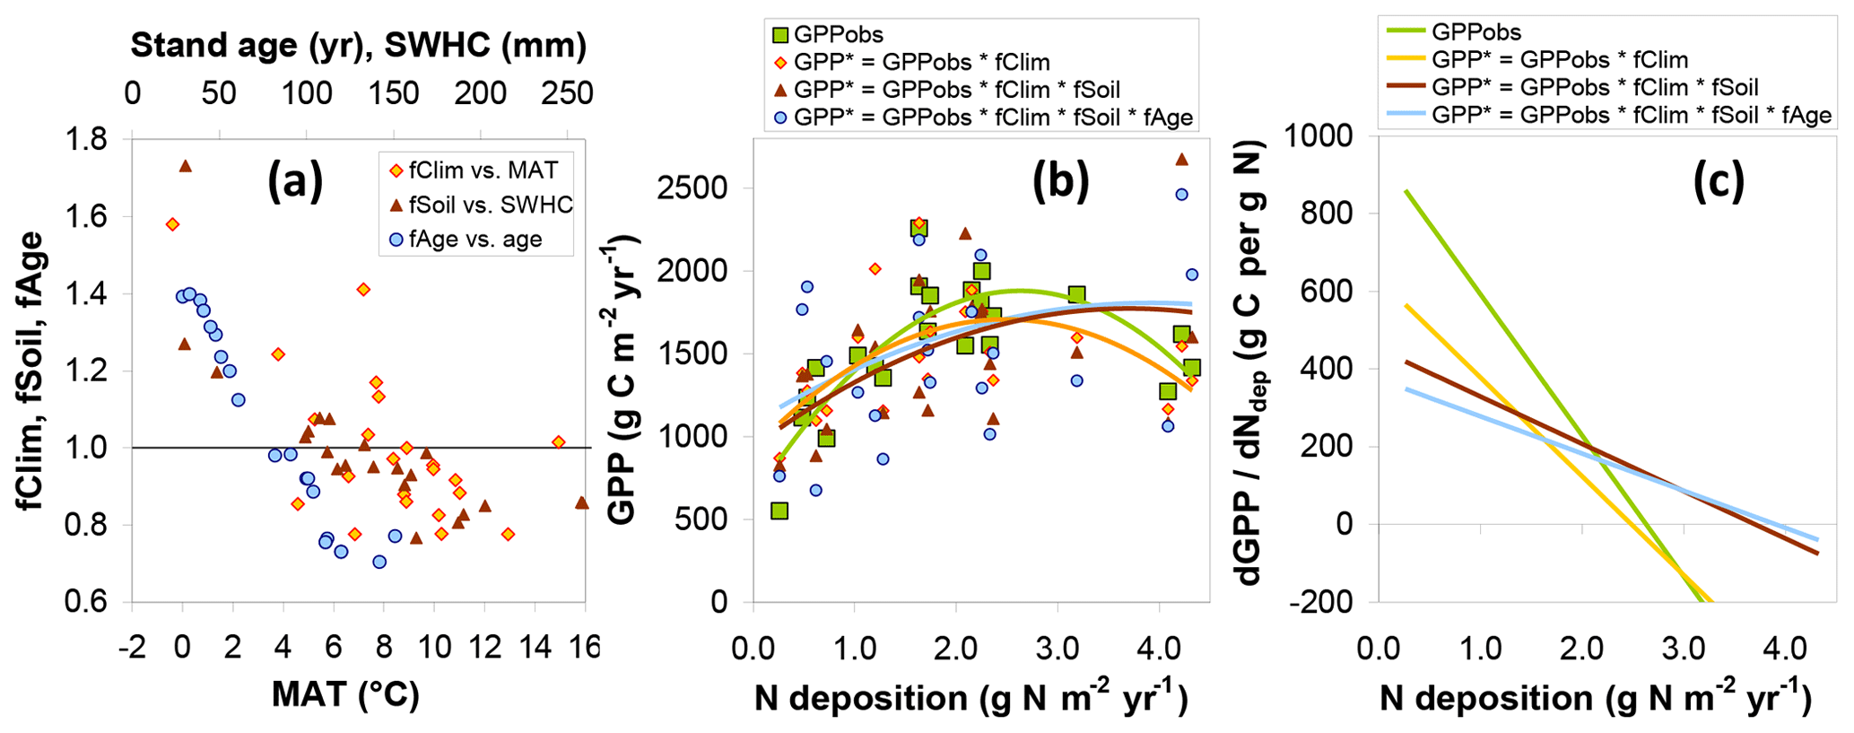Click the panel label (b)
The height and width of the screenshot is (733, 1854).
click(1060, 182)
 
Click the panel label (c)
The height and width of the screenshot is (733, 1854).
click(1719, 182)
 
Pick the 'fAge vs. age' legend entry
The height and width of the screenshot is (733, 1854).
click(466, 240)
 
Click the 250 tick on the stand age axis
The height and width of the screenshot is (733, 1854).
click(570, 93)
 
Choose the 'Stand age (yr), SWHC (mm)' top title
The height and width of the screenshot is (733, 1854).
click(359, 45)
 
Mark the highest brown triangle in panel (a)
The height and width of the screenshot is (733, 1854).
click(186, 166)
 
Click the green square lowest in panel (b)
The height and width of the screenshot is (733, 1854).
click(779, 510)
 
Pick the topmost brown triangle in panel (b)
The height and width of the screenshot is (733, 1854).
click(1181, 160)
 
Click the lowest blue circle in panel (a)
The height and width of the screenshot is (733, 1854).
click(379, 562)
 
